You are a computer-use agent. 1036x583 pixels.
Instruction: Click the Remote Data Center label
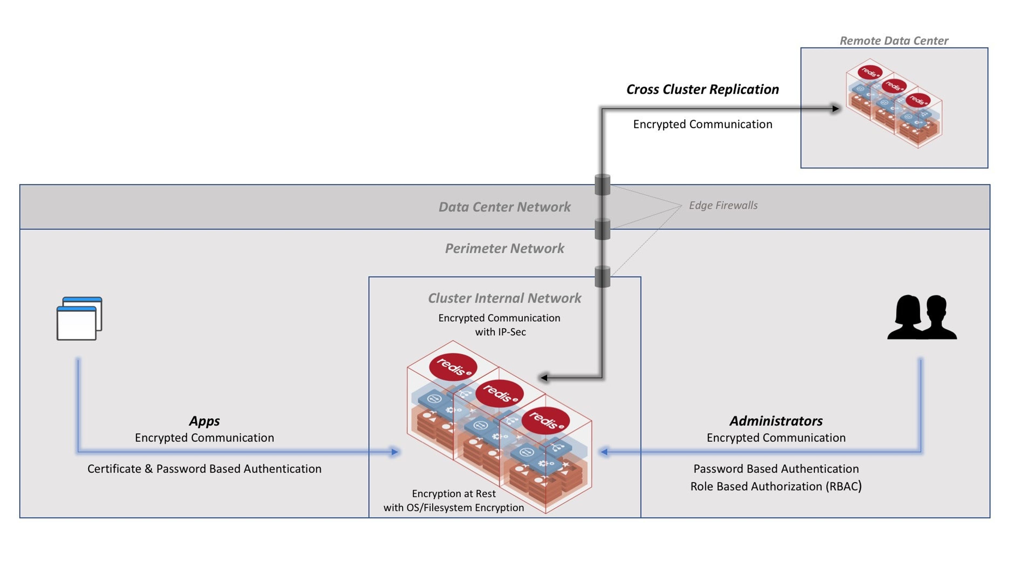click(893, 41)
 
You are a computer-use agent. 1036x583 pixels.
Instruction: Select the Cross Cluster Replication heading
click(702, 89)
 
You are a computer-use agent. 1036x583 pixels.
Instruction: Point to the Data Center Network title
click(504, 207)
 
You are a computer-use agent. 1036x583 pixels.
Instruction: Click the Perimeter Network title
click(504, 248)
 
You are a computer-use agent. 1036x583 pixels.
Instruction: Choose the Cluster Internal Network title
click(504, 298)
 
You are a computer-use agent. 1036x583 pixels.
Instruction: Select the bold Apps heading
click(204, 421)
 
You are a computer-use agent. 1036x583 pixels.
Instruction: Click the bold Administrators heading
click(776, 421)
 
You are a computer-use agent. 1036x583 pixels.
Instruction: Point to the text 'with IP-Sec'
click(500, 332)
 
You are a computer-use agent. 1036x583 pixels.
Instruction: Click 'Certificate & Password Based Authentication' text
click(204, 469)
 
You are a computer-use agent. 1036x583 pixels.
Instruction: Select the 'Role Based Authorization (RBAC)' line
click(776, 486)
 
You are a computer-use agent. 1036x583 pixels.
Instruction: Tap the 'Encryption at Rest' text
click(454, 494)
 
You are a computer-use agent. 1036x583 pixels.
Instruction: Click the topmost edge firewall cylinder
click(602, 185)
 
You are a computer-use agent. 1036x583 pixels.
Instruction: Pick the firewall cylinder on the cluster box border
click(602, 277)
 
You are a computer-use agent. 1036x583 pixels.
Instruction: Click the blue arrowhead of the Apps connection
click(395, 452)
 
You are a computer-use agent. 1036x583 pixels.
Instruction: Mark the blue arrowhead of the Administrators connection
click(604, 452)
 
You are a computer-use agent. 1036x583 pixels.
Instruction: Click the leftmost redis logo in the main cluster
click(453, 367)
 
